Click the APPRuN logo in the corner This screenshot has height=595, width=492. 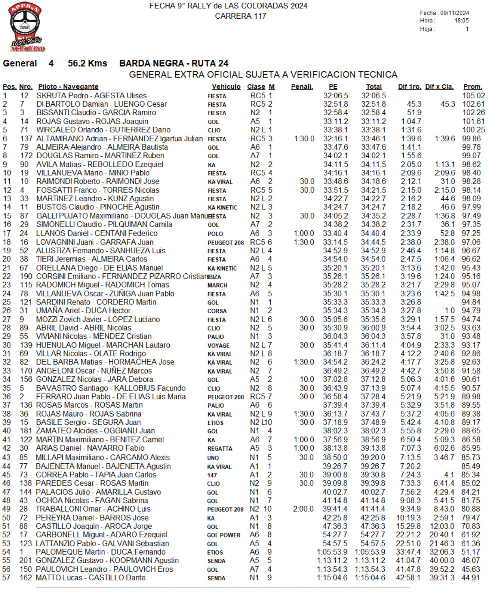pyautogui.click(x=26, y=27)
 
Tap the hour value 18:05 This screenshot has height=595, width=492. pyautogui.click(x=461, y=21)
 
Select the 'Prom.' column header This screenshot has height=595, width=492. pyautogui.click(x=473, y=87)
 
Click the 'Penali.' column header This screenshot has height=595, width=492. pyautogui.click(x=302, y=87)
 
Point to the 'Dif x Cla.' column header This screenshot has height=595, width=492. pyautogui.click(x=439, y=87)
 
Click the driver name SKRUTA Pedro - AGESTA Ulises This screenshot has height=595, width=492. pyautogui.click(x=92, y=96)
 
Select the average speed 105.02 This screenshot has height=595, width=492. pyautogui.click(x=473, y=96)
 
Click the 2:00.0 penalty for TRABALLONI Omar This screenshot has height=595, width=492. pyautogui.click(x=304, y=509)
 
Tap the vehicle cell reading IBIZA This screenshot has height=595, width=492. pyautogui.click(x=215, y=277)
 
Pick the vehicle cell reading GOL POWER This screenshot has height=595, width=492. pyautogui.click(x=224, y=535)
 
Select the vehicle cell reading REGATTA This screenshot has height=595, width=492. pyautogui.click(x=220, y=449)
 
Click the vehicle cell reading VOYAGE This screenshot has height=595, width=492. pyautogui.click(x=218, y=346)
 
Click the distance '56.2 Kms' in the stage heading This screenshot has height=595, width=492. pyautogui.click(x=87, y=64)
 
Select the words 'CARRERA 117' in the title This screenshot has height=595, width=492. pyautogui.click(x=240, y=16)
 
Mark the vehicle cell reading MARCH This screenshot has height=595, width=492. pyautogui.click(x=217, y=285)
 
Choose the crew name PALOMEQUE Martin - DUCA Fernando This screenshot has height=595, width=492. pyautogui.click(x=101, y=552)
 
